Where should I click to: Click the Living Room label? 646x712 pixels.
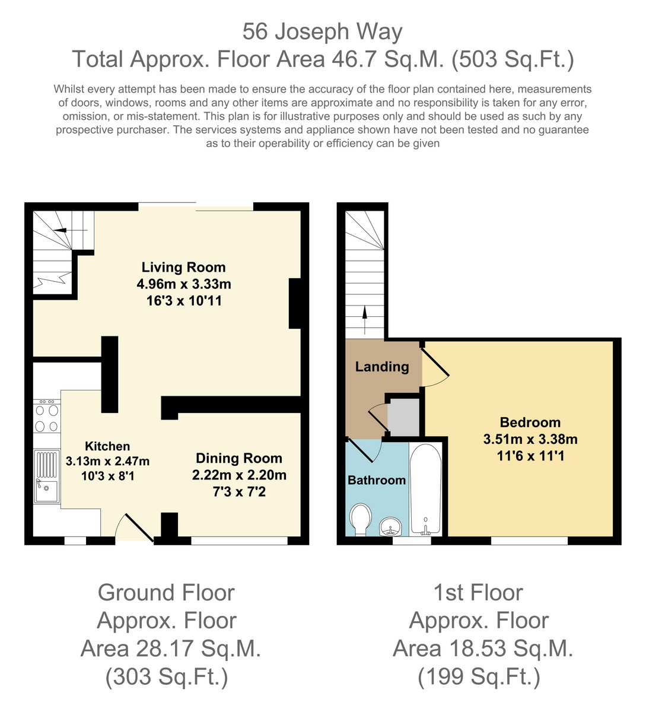183,267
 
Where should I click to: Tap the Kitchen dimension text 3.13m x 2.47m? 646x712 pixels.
107,461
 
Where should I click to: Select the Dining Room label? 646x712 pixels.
239,458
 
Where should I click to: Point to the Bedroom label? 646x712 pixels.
530,422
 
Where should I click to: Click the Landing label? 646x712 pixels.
382,367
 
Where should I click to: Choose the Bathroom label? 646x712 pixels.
377,480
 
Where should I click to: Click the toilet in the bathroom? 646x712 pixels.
360,520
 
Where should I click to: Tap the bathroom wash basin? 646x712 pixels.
391,527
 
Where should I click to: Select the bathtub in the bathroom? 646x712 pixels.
425,490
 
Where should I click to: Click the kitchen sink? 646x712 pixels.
47,476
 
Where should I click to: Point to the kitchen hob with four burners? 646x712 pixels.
47,417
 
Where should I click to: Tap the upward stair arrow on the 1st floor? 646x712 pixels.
365,320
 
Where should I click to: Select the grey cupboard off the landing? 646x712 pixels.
403,417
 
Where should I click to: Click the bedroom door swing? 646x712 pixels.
435,368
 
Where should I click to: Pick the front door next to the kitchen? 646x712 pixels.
135,527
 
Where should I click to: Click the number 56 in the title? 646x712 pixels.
255,31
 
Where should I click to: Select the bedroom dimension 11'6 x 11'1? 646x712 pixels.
530,456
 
